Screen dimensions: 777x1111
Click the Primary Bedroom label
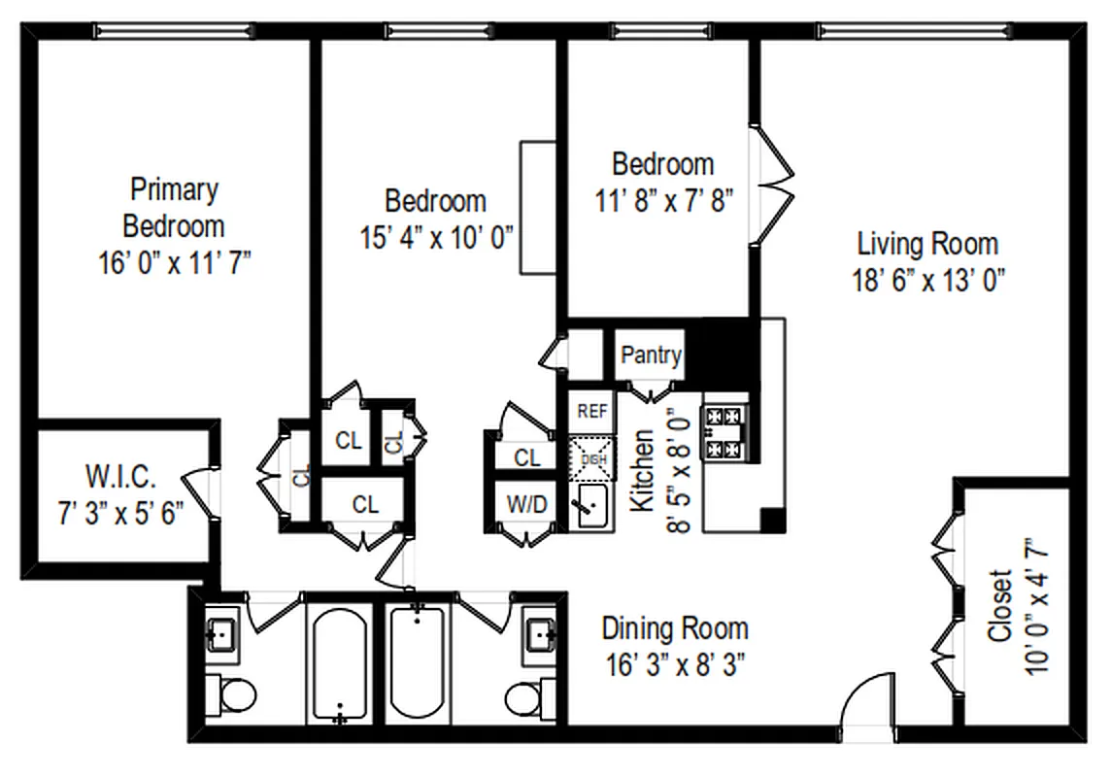pos(174,207)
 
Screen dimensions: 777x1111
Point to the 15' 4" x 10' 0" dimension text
pos(435,236)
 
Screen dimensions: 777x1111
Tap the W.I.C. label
pos(118,477)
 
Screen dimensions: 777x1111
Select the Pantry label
pos(651,355)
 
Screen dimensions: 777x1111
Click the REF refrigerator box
pos(591,412)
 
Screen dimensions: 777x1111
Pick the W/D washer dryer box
pos(525,504)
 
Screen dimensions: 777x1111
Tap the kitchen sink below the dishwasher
pos(591,506)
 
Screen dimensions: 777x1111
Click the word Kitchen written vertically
pos(643,471)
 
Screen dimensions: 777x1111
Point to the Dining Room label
pos(674,627)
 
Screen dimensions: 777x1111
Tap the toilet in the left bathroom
pos(234,695)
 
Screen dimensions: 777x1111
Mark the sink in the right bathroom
pos(539,636)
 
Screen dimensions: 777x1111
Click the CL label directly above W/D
pos(526,457)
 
